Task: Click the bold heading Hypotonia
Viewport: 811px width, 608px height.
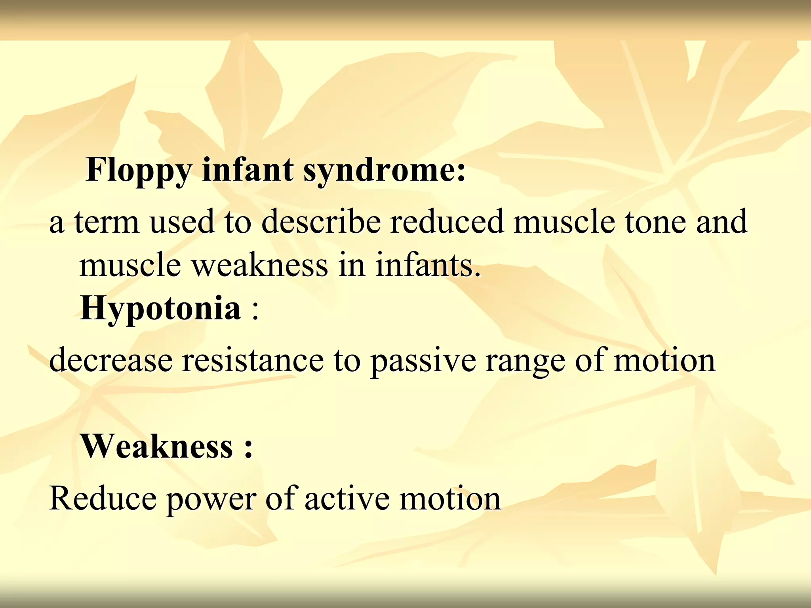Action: click(160, 309)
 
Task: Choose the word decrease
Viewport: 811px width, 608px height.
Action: click(111, 360)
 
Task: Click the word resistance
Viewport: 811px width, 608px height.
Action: click(253, 360)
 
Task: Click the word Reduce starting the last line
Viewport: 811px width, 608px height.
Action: click(103, 499)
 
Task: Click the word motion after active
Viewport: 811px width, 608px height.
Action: click(450, 499)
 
